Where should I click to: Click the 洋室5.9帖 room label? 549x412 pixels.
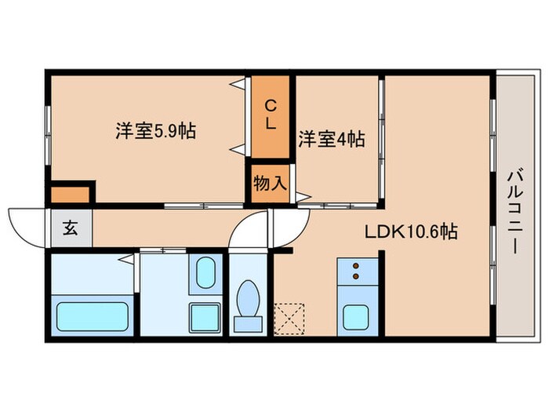(155, 131)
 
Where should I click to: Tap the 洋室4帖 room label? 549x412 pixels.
(332, 139)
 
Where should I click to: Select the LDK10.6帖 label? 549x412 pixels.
(411, 232)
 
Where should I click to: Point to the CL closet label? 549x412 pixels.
(270, 115)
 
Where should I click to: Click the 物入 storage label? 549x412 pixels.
(270, 183)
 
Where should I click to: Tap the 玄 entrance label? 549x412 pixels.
(71, 228)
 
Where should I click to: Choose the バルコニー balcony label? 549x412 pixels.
(515, 212)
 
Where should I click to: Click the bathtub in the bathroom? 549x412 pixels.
(92, 316)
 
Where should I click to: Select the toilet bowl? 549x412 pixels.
(249, 297)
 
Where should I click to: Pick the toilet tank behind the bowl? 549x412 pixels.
(248, 323)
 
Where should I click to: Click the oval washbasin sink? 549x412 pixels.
(205, 272)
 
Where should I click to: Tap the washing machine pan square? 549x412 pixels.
(205, 318)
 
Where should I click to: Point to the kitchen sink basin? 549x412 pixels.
(356, 317)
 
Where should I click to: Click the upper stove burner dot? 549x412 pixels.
(356, 265)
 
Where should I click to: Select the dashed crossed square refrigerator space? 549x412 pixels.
(289, 319)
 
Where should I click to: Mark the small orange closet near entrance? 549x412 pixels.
(70, 195)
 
